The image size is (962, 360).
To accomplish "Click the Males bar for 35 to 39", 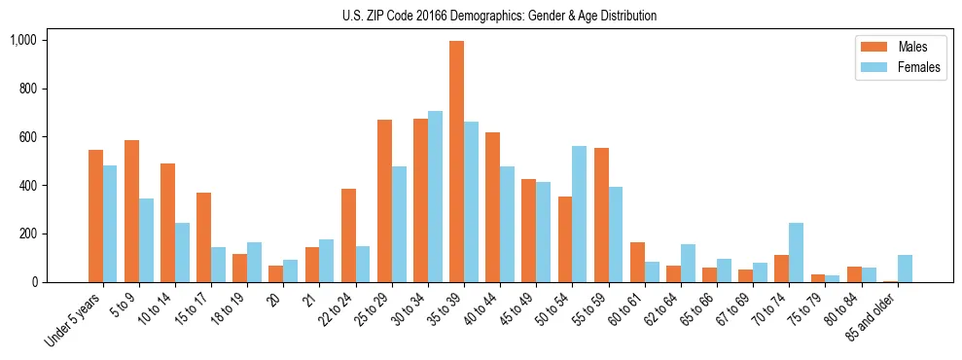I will pyautogui.click(x=456, y=162).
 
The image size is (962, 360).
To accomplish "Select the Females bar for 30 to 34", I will pyautogui.click(x=435, y=197).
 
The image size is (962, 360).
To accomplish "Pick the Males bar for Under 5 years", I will pyautogui.click(x=95, y=216).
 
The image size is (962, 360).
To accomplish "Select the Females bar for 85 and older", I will pyautogui.click(x=905, y=269).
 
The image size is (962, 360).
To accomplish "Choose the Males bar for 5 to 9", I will pyautogui.click(x=131, y=211).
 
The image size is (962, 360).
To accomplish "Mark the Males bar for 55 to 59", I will pyautogui.click(x=601, y=215).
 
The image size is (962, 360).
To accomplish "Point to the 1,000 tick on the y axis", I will pyautogui.click(x=22, y=40).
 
